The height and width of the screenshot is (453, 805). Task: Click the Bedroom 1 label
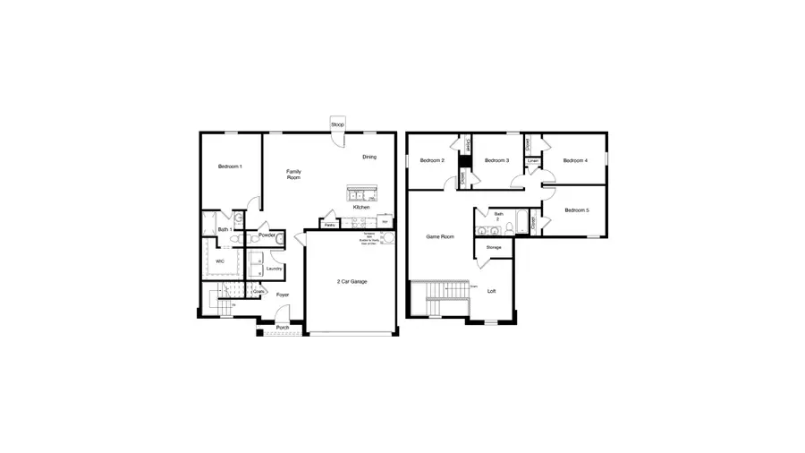coord(230,167)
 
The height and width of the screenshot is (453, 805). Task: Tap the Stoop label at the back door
coord(338,124)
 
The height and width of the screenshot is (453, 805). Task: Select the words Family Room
coord(292,175)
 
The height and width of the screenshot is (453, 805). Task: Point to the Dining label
coord(369,158)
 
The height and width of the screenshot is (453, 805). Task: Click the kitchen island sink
coord(361,194)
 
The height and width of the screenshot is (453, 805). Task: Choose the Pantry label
coord(330,225)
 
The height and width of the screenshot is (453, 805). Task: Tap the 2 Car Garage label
coord(352,281)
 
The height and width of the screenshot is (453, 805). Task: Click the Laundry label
coord(275,269)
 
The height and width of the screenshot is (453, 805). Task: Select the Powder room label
coord(267,235)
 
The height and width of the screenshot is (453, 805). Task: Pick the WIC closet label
coord(220,261)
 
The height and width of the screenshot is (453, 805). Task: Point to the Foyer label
coord(283,295)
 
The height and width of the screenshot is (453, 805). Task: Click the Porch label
coord(283,328)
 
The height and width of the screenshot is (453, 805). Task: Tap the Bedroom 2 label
coord(431,160)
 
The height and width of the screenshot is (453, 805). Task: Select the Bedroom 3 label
coord(496,160)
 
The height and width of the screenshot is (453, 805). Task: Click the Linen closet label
coord(532,161)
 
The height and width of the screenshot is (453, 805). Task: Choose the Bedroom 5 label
coord(576,210)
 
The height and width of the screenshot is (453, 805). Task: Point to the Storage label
coord(494,246)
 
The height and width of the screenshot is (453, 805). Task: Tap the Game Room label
coord(440,236)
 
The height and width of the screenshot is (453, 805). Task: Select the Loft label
coord(491,291)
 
